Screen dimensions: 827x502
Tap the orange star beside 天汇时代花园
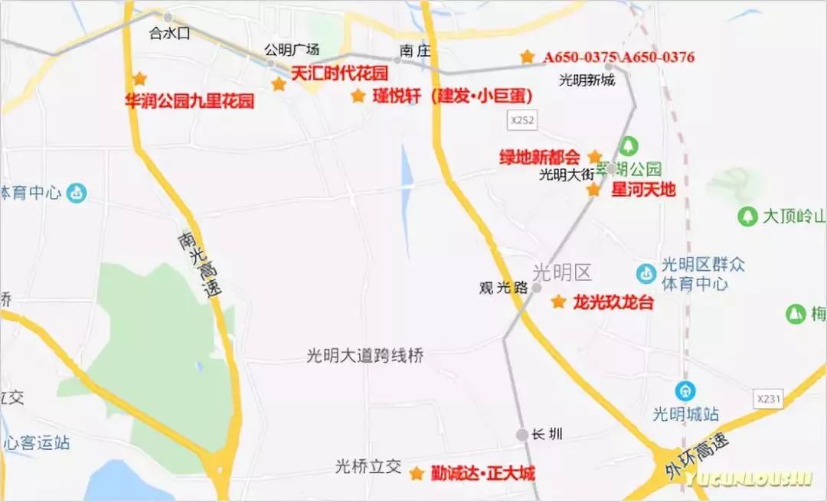(x=279, y=84)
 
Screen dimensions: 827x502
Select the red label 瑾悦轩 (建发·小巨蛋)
(x=452, y=96)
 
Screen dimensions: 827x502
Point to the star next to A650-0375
(x=527, y=57)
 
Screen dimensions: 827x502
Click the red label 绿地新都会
(x=540, y=157)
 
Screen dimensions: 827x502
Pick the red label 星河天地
(x=643, y=189)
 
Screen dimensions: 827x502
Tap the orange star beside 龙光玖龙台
(x=558, y=302)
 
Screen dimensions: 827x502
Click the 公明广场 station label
(x=291, y=49)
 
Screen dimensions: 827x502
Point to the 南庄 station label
(x=410, y=50)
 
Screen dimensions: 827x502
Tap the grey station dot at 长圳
(x=521, y=435)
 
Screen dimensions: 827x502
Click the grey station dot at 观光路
(x=537, y=288)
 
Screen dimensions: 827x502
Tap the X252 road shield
(x=521, y=120)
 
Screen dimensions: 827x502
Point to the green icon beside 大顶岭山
(x=747, y=217)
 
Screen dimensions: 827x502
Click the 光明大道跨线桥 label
(x=364, y=356)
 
